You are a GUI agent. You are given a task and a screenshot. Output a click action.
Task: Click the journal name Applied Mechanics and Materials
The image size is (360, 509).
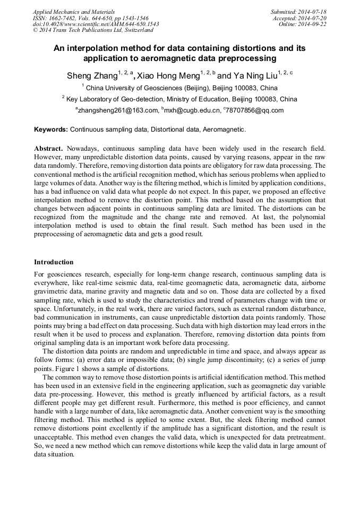coord(73,12)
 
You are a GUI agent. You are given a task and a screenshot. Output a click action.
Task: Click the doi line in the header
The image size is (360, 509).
coord(96,24)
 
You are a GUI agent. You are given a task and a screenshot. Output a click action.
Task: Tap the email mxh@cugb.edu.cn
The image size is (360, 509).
coord(192,110)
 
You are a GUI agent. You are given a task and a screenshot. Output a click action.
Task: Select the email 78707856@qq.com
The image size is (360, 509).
coord(255,110)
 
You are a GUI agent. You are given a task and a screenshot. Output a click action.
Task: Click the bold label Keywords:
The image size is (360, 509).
coord(51,129)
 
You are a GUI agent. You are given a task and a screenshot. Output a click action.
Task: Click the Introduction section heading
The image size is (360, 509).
coord(54,262)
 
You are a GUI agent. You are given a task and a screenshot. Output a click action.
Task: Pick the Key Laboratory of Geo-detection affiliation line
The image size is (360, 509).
coord(181,99)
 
